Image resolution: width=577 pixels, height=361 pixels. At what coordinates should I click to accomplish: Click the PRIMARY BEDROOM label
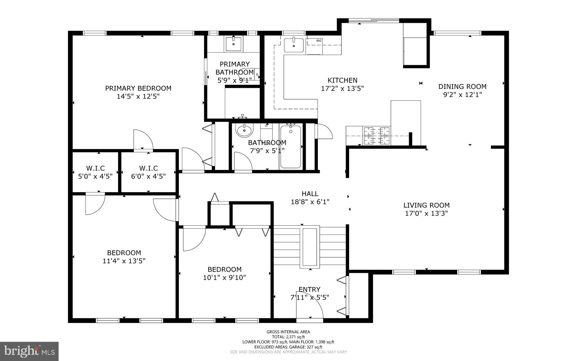coord(138,88)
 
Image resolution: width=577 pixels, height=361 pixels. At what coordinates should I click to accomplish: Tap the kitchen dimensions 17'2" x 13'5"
coord(342,89)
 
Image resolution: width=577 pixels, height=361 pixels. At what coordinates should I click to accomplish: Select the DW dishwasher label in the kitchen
coord(319,41)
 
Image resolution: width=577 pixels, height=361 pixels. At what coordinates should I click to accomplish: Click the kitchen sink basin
coord(294,45)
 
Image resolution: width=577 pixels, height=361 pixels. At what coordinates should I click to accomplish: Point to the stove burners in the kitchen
coord(377,135)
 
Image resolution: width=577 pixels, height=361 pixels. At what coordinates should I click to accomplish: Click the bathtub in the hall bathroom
coord(290,147)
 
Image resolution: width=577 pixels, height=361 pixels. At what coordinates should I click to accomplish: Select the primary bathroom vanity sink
coord(234,44)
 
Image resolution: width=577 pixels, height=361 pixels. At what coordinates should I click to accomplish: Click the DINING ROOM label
coord(462,86)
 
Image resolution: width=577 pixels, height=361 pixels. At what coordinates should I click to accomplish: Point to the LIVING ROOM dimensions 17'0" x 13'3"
coord(426,213)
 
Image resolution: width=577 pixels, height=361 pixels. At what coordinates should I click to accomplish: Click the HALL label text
coord(310,194)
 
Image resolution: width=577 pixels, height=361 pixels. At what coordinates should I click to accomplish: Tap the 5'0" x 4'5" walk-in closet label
coord(95,176)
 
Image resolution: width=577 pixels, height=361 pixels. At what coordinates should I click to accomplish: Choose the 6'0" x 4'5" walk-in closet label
coord(148,176)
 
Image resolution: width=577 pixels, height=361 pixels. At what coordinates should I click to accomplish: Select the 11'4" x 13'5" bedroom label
coord(124,261)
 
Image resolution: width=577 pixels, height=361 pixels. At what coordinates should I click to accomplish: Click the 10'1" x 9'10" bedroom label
coord(224,277)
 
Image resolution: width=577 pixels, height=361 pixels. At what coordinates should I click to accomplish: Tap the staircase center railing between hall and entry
coord(310,247)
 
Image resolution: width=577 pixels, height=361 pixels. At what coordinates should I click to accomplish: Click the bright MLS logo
coord(29,351)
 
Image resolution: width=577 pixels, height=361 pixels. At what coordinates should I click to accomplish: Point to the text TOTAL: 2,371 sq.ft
coord(288,337)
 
